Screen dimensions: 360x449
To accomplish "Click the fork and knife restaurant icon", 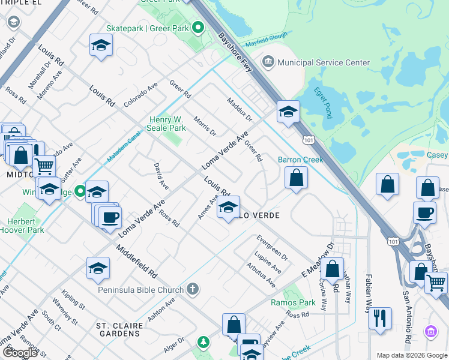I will pos(380,318).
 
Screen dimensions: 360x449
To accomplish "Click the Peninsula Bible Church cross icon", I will pos(192,290).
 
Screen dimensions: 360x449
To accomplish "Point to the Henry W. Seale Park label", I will pos(167,124).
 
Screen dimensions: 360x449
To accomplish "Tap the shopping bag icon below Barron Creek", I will pos(296,178).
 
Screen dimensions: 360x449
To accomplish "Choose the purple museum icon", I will pos(430,331).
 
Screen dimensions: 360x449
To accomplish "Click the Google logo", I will pos(20,352).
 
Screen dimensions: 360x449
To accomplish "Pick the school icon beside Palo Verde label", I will pos(228,208).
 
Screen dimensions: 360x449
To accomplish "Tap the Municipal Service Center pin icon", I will pos(268,62).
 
